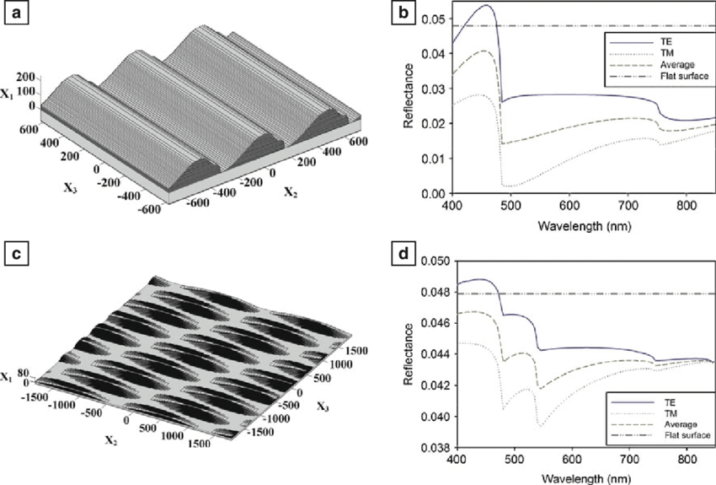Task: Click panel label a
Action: (16, 13)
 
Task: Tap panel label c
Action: (16, 251)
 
